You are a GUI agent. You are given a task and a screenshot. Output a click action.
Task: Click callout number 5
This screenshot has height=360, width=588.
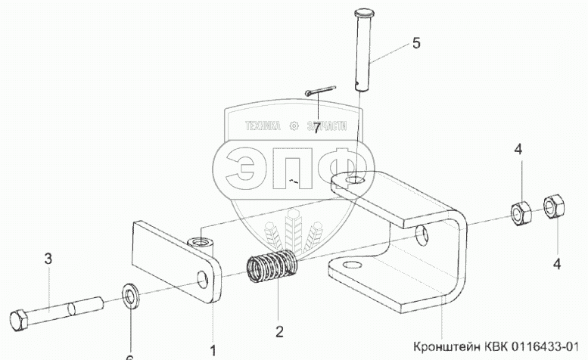click(415, 43)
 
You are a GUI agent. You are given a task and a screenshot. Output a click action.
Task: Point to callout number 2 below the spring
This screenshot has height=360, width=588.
click(279, 331)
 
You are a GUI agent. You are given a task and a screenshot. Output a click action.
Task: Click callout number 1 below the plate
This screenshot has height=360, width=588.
click(213, 349)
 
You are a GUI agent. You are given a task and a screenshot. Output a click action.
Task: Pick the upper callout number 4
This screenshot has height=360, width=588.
click(518, 149)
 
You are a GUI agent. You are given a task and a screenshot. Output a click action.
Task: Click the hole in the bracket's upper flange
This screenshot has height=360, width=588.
click(355, 181)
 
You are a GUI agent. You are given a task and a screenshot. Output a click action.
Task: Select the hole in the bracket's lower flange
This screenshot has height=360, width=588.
click(347, 265)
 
